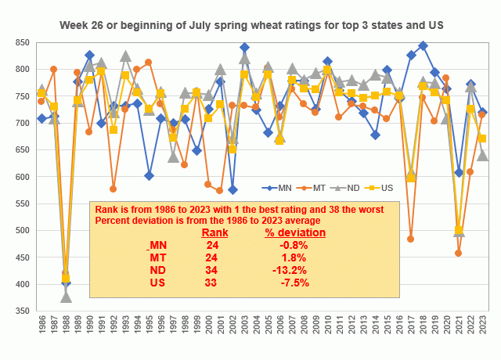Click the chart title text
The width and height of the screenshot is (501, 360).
point(251,25)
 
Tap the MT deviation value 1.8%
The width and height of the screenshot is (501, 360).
point(293,257)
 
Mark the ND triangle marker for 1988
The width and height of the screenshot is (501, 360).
point(66,297)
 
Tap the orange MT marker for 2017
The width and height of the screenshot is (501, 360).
point(411,239)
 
